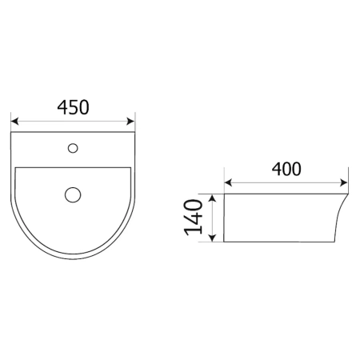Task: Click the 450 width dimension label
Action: (x=73, y=107)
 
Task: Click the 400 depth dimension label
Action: (x=286, y=169)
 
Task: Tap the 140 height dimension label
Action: (x=194, y=218)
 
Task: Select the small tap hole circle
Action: (x=73, y=148)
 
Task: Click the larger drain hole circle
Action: (x=73, y=194)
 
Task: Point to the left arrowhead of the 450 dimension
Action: (x=14, y=122)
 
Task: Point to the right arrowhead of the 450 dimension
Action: (x=130, y=122)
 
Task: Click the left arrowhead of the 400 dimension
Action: (x=228, y=182)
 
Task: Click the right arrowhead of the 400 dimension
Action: (x=344, y=182)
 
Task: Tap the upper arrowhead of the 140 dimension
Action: (x=212, y=198)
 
